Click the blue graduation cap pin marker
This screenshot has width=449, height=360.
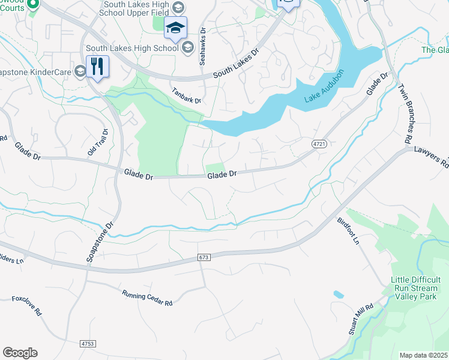175,28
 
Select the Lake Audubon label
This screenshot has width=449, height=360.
325,86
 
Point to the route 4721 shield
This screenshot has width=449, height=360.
319,145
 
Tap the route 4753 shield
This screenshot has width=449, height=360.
87,344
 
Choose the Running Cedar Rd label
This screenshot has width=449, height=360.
147,296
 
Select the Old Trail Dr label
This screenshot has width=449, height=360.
97,142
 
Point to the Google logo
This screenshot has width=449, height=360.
20,353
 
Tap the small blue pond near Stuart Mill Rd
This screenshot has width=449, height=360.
338,295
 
